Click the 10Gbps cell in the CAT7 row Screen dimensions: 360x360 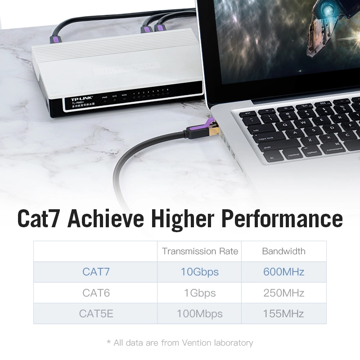click(200, 272)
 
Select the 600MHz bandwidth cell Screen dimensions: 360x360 click(283, 272)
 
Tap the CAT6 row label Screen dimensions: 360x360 click(96, 293)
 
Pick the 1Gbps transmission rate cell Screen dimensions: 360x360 click(200, 293)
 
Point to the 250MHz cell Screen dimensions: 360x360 click(283, 293)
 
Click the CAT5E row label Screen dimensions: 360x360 click(96, 314)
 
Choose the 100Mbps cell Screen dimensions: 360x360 click(200, 314)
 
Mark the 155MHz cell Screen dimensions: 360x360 click(283, 314)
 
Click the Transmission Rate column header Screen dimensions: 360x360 click(200, 251)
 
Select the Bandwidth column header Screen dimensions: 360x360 click(283, 251)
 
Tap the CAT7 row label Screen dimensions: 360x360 click(96, 272)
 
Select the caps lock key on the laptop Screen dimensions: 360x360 click(266, 139)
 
